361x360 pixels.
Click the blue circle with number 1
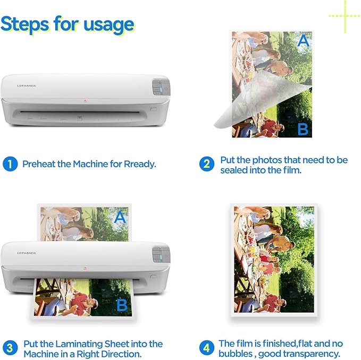10,164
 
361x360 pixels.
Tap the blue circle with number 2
207,164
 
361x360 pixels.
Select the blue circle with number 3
10,348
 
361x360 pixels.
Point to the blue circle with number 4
207,348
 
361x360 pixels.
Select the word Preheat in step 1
39,164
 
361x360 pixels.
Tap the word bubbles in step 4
238,354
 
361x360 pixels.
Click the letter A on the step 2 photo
303,41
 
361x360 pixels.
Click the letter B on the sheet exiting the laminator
121,305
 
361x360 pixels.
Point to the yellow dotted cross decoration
345,15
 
